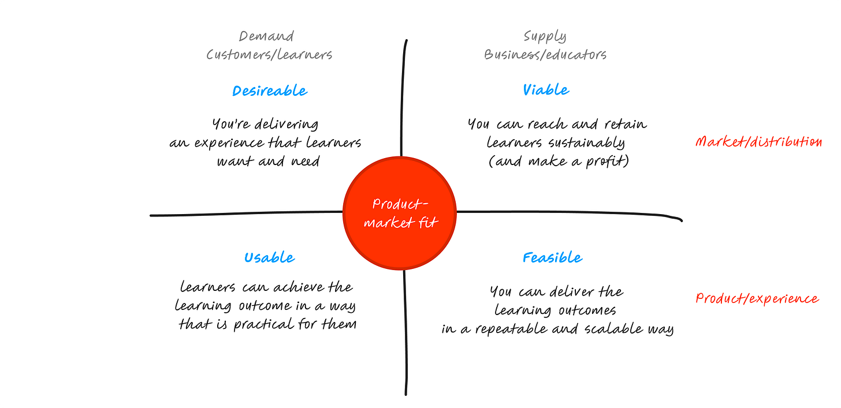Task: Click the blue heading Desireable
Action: click(x=270, y=91)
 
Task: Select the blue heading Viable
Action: click(x=546, y=90)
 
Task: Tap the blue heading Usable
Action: click(x=269, y=258)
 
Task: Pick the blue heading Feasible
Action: click(x=553, y=257)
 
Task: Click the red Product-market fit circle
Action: click(x=400, y=213)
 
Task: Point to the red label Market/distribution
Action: click(x=758, y=141)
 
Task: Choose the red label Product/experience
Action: click(x=757, y=298)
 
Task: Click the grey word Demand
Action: click(x=266, y=36)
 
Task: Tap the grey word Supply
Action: click(x=545, y=36)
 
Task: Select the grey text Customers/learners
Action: click(x=269, y=55)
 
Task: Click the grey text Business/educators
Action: click(x=545, y=55)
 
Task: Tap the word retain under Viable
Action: click(x=626, y=124)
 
